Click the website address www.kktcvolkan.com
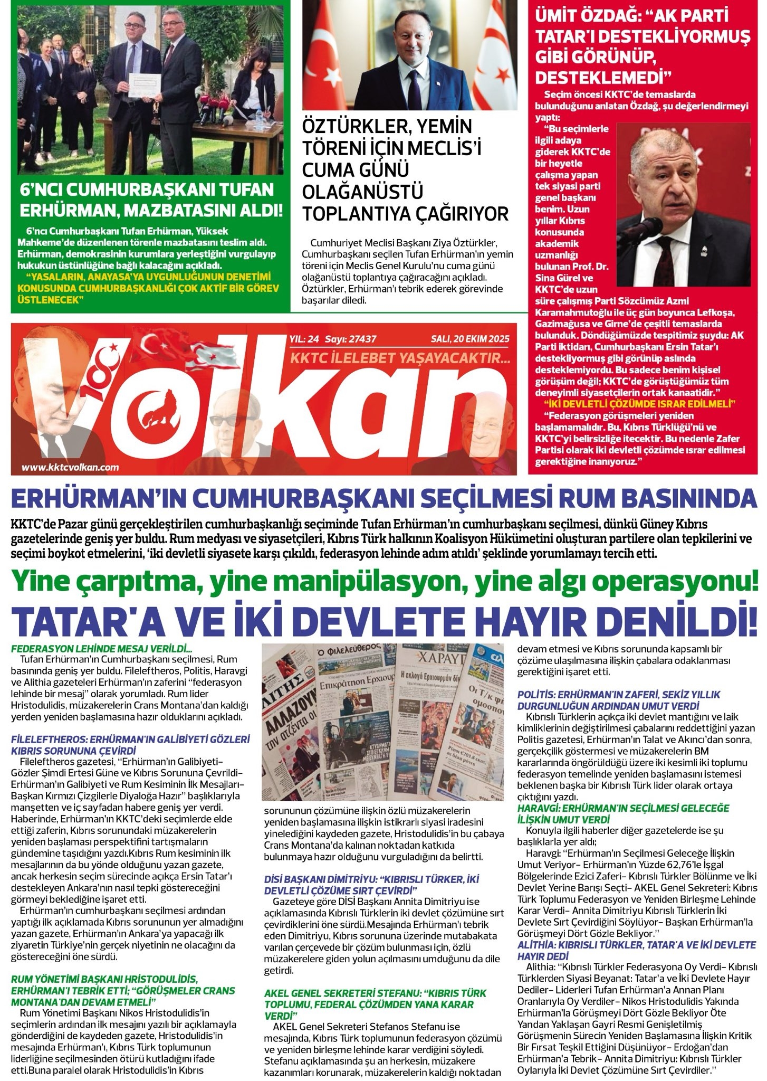(x=71, y=467)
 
